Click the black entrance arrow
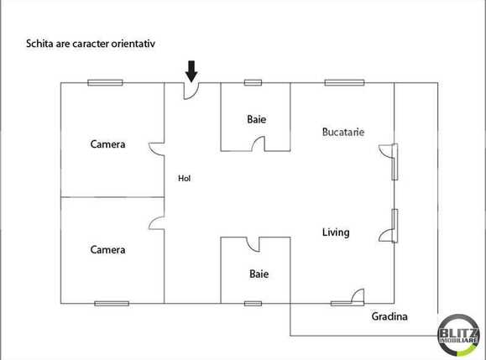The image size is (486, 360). pos(191,70)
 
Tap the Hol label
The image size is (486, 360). pos(184,179)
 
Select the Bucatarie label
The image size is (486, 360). pos(343,133)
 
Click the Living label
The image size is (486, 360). pos(336,232)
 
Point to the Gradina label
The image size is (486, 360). pos(389,316)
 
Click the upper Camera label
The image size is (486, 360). pos(107,144)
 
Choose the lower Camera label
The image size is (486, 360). pos(107,250)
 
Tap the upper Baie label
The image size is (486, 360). pos(256,119)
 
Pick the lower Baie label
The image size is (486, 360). pos(259,274)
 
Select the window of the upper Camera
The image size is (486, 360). pos(105,82)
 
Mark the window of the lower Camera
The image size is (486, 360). pos(111,303)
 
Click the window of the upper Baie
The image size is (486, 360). pos(253,82)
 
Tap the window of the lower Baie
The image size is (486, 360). pos(253,303)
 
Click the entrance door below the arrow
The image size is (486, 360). pos(192,89)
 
